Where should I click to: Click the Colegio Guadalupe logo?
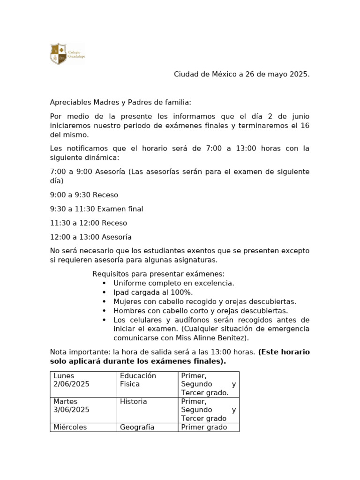click(x=67, y=53)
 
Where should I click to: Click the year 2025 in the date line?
click(x=299, y=74)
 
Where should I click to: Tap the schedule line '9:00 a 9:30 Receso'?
click(x=84, y=195)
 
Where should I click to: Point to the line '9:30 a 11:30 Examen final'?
click(x=97, y=209)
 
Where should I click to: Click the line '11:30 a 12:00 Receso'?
click(x=89, y=223)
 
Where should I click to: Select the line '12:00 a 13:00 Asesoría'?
click(x=91, y=237)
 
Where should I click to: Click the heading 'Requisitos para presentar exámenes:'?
click(x=158, y=274)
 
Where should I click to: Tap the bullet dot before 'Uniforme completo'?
click(x=104, y=283)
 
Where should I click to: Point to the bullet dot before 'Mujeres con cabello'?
click(x=104, y=301)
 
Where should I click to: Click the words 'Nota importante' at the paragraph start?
click(x=76, y=352)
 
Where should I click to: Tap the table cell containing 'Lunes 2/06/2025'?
click(x=83, y=384)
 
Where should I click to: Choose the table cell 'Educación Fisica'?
click(x=147, y=384)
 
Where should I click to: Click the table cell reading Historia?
click(x=147, y=409)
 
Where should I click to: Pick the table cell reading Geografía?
click(x=147, y=427)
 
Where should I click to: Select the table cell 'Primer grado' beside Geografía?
click(x=208, y=427)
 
